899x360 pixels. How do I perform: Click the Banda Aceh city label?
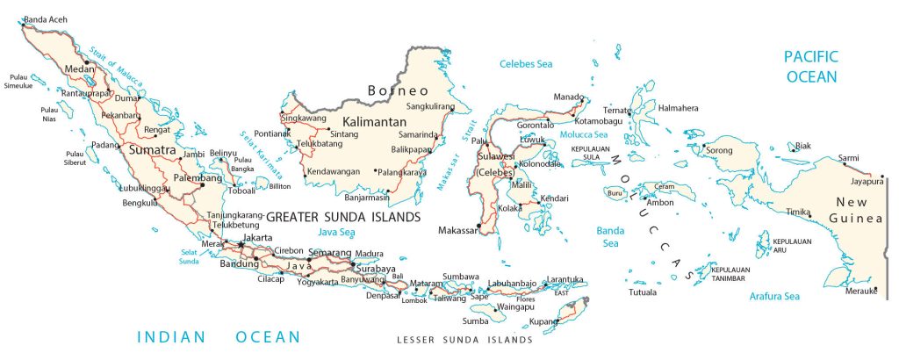click(47, 18)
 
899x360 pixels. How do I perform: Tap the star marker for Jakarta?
click(240, 244)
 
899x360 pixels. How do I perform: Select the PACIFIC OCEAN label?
click(811, 66)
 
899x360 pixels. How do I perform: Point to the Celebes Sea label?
click(527, 64)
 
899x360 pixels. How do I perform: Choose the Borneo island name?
click(399, 90)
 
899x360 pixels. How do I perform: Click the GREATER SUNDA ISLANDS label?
click(342, 216)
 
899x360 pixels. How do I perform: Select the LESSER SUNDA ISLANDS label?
click(464, 339)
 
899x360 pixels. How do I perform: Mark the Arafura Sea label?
click(773, 297)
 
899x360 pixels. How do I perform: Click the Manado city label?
click(569, 97)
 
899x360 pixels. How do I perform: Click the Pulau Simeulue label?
click(24, 81)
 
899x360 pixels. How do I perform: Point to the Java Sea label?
click(336, 232)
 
